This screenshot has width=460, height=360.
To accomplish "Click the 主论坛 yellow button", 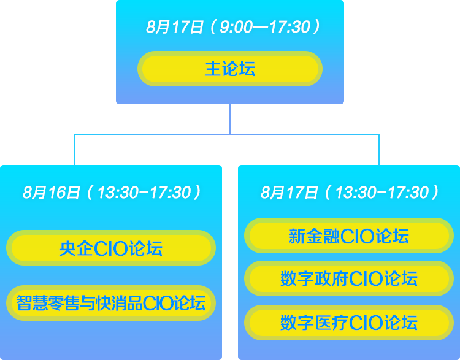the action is [x=230, y=69].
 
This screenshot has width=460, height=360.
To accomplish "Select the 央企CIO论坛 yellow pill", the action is [x=111, y=248].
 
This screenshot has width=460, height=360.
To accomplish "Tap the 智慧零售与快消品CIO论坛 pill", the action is [x=111, y=303].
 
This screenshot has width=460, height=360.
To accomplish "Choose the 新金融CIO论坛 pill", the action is [x=349, y=236].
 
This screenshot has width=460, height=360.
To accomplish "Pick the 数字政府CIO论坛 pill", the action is [x=349, y=278].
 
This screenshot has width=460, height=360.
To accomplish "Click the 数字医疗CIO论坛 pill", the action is [x=349, y=323].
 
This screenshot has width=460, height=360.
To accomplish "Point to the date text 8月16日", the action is [x=51, y=193].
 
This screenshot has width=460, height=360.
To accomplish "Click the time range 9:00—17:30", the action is [x=265, y=27].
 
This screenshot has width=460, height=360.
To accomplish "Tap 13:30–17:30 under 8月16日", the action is [x=144, y=193].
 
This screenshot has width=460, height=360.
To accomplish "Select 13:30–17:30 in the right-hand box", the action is [x=382, y=193].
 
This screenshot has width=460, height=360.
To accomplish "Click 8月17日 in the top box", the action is [x=175, y=27].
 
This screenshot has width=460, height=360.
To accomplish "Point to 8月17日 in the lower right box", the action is [x=289, y=193].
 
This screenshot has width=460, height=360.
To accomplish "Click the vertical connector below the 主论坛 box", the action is [x=230, y=119].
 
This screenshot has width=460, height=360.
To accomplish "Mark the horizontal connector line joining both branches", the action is [x=227, y=134].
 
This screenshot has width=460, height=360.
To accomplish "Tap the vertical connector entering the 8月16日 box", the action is [x=75, y=150].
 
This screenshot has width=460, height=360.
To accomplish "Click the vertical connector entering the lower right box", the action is [x=379, y=150].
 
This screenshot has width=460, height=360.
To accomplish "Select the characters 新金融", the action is [x=314, y=236].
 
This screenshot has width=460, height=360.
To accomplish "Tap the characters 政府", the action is [x=331, y=278].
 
